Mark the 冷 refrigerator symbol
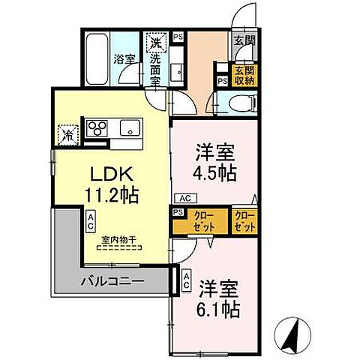[68, 136]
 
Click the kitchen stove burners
[98, 127]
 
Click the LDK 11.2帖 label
[110, 184]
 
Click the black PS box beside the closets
[178, 212]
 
